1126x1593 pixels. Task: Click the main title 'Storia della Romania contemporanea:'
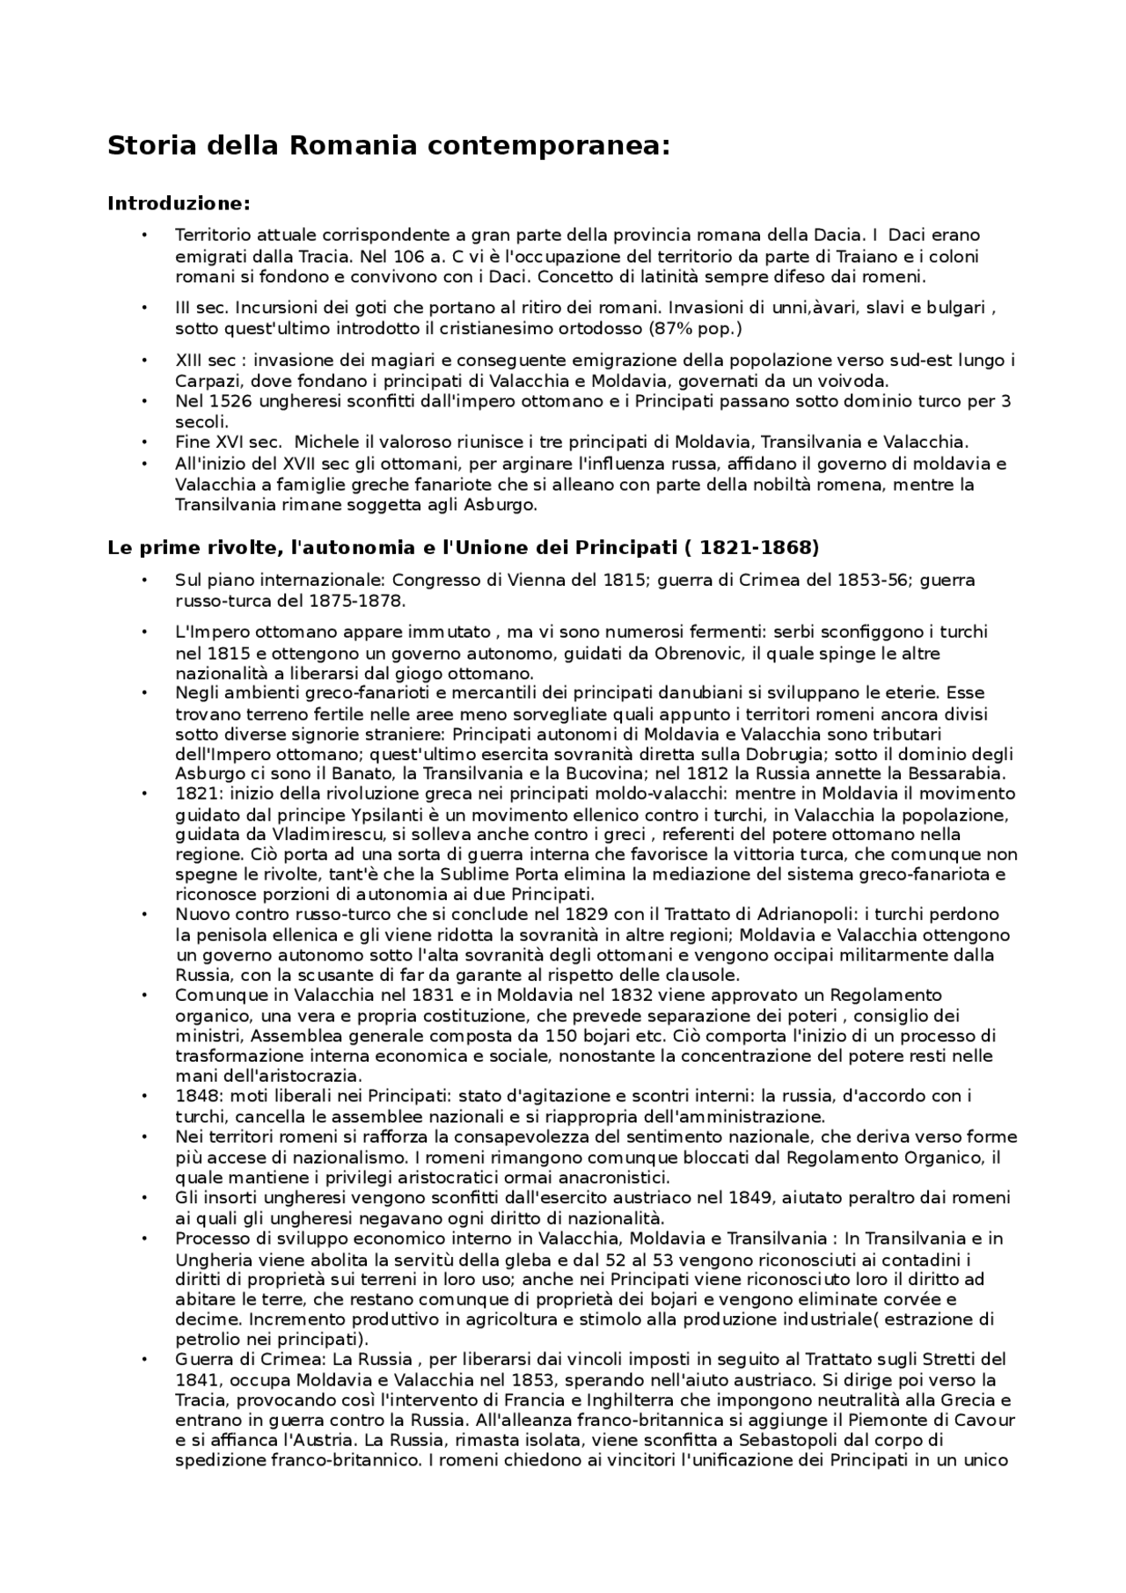tap(388, 146)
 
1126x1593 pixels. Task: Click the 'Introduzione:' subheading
tap(179, 204)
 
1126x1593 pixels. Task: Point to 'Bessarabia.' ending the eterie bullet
tap(961, 774)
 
